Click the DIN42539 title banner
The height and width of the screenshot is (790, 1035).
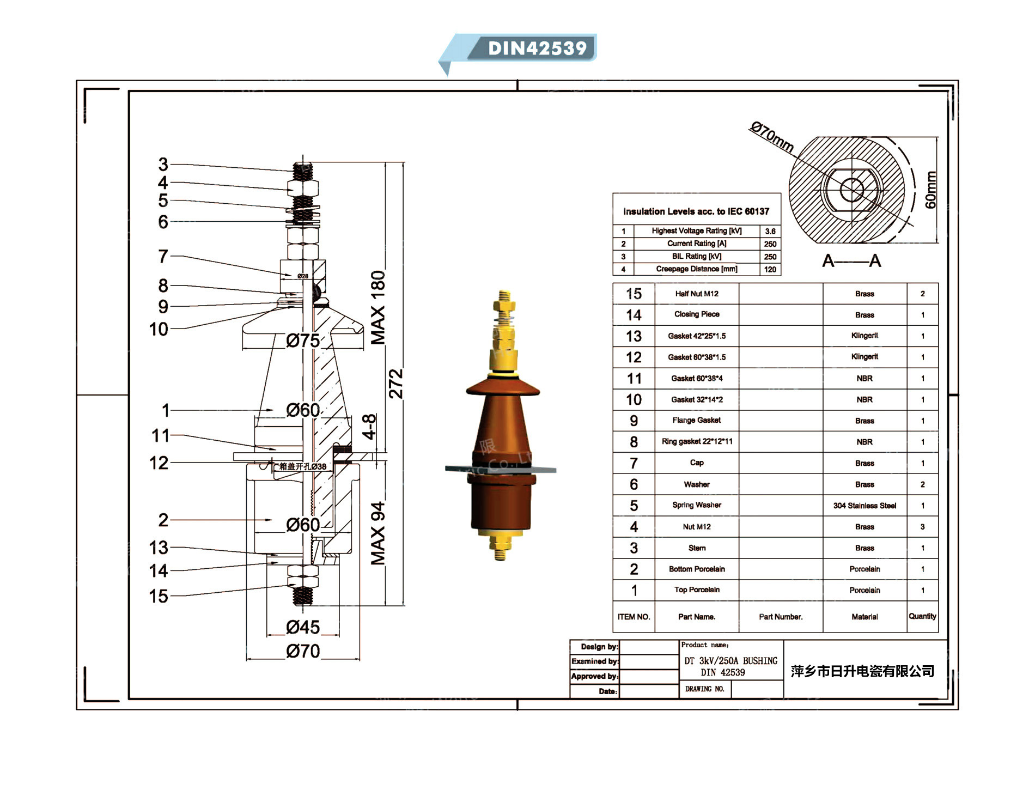(537, 48)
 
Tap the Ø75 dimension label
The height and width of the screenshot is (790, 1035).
(303, 341)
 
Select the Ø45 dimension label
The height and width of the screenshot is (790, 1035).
(303, 627)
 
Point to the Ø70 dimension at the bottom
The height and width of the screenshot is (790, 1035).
(303, 651)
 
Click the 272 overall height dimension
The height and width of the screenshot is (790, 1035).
(396, 384)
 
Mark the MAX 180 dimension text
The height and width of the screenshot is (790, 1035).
(378, 308)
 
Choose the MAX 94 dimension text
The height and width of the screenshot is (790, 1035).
(378, 533)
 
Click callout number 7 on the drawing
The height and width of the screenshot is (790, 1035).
(163, 256)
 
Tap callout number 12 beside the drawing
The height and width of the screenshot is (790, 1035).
(159, 463)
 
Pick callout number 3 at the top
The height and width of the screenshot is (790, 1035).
(163, 164)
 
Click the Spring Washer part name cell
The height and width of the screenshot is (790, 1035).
(697, 505)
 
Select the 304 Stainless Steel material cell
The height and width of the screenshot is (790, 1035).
(864, 506)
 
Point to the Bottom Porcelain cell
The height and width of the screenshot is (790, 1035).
(697, 569)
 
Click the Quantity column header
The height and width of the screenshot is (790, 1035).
(922, 616)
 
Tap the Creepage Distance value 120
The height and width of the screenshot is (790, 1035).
(770, 269)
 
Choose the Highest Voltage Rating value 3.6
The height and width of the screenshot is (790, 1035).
(770, 231)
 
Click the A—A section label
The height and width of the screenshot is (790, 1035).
(851, 261)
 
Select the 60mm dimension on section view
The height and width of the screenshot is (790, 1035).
(931, 190)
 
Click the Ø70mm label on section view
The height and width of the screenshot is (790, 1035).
(771, 137)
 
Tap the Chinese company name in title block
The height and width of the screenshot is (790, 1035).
(862, 671)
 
